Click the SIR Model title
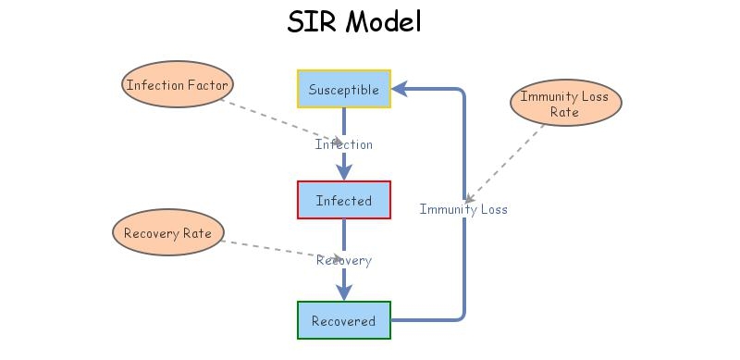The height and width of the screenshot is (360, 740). (x=354, y=21)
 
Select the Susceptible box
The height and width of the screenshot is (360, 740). (x=344, y=89)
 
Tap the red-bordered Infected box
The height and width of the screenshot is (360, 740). (x=344, y=200)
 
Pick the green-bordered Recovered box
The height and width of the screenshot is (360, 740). (x=344, y=320)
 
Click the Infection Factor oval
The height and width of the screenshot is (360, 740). (x=176, y=85)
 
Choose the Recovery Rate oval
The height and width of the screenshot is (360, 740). (x=167, y=232)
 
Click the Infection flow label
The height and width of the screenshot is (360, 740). (x=344, y=144)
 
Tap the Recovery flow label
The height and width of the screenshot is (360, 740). (x=344, y=260)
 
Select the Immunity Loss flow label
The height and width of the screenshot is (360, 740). (x=463, y=209)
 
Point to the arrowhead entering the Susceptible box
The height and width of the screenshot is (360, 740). (x=400, y=89)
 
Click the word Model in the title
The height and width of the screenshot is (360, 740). (x=383, y=21)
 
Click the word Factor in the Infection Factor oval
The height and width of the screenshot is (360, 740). (x=203, y=85)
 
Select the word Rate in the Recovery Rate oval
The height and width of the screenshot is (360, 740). (x=196, y=232)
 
